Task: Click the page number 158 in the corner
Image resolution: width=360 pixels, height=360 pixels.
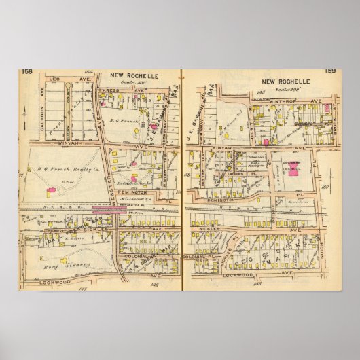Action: pos(26,71)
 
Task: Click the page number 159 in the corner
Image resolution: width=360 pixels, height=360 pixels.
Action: pos(330,71)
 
